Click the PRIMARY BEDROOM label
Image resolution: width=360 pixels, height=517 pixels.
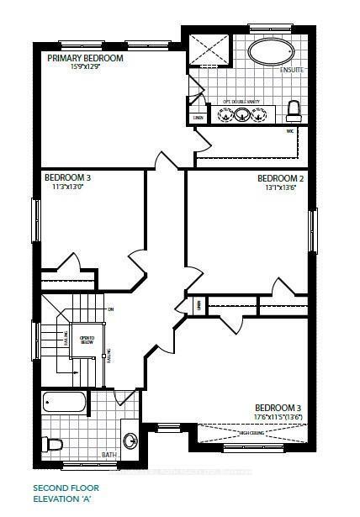tap(85, 58)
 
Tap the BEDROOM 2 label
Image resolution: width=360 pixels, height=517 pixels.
tap(280, 178)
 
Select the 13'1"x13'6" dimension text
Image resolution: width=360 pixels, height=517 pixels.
tap(281, 188)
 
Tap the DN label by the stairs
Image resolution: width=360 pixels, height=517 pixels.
tap(111, 309)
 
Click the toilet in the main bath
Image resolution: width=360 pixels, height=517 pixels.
tap(55, 444)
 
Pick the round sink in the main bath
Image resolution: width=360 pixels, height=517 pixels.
tap(130, 438)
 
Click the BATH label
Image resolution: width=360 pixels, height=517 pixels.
tap(109, 455)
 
